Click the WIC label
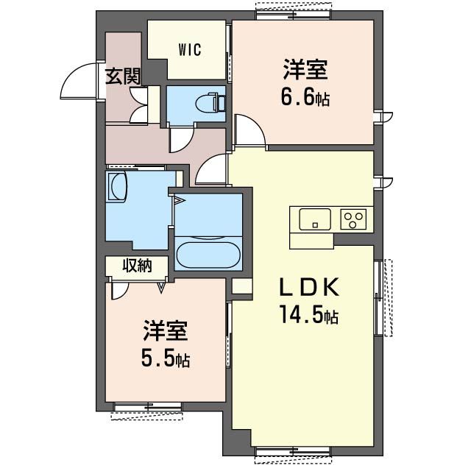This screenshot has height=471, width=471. (x=189, y=49)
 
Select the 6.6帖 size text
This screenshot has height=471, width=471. (x=303, y=96)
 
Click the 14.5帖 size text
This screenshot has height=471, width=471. (x=308, y=316)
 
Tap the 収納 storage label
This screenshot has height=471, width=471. (x=136, y=266)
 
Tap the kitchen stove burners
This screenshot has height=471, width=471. (x=355, y=219)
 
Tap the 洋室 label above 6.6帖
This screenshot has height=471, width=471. (x=303, y=71)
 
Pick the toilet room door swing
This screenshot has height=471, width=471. (x=181, y=139)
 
